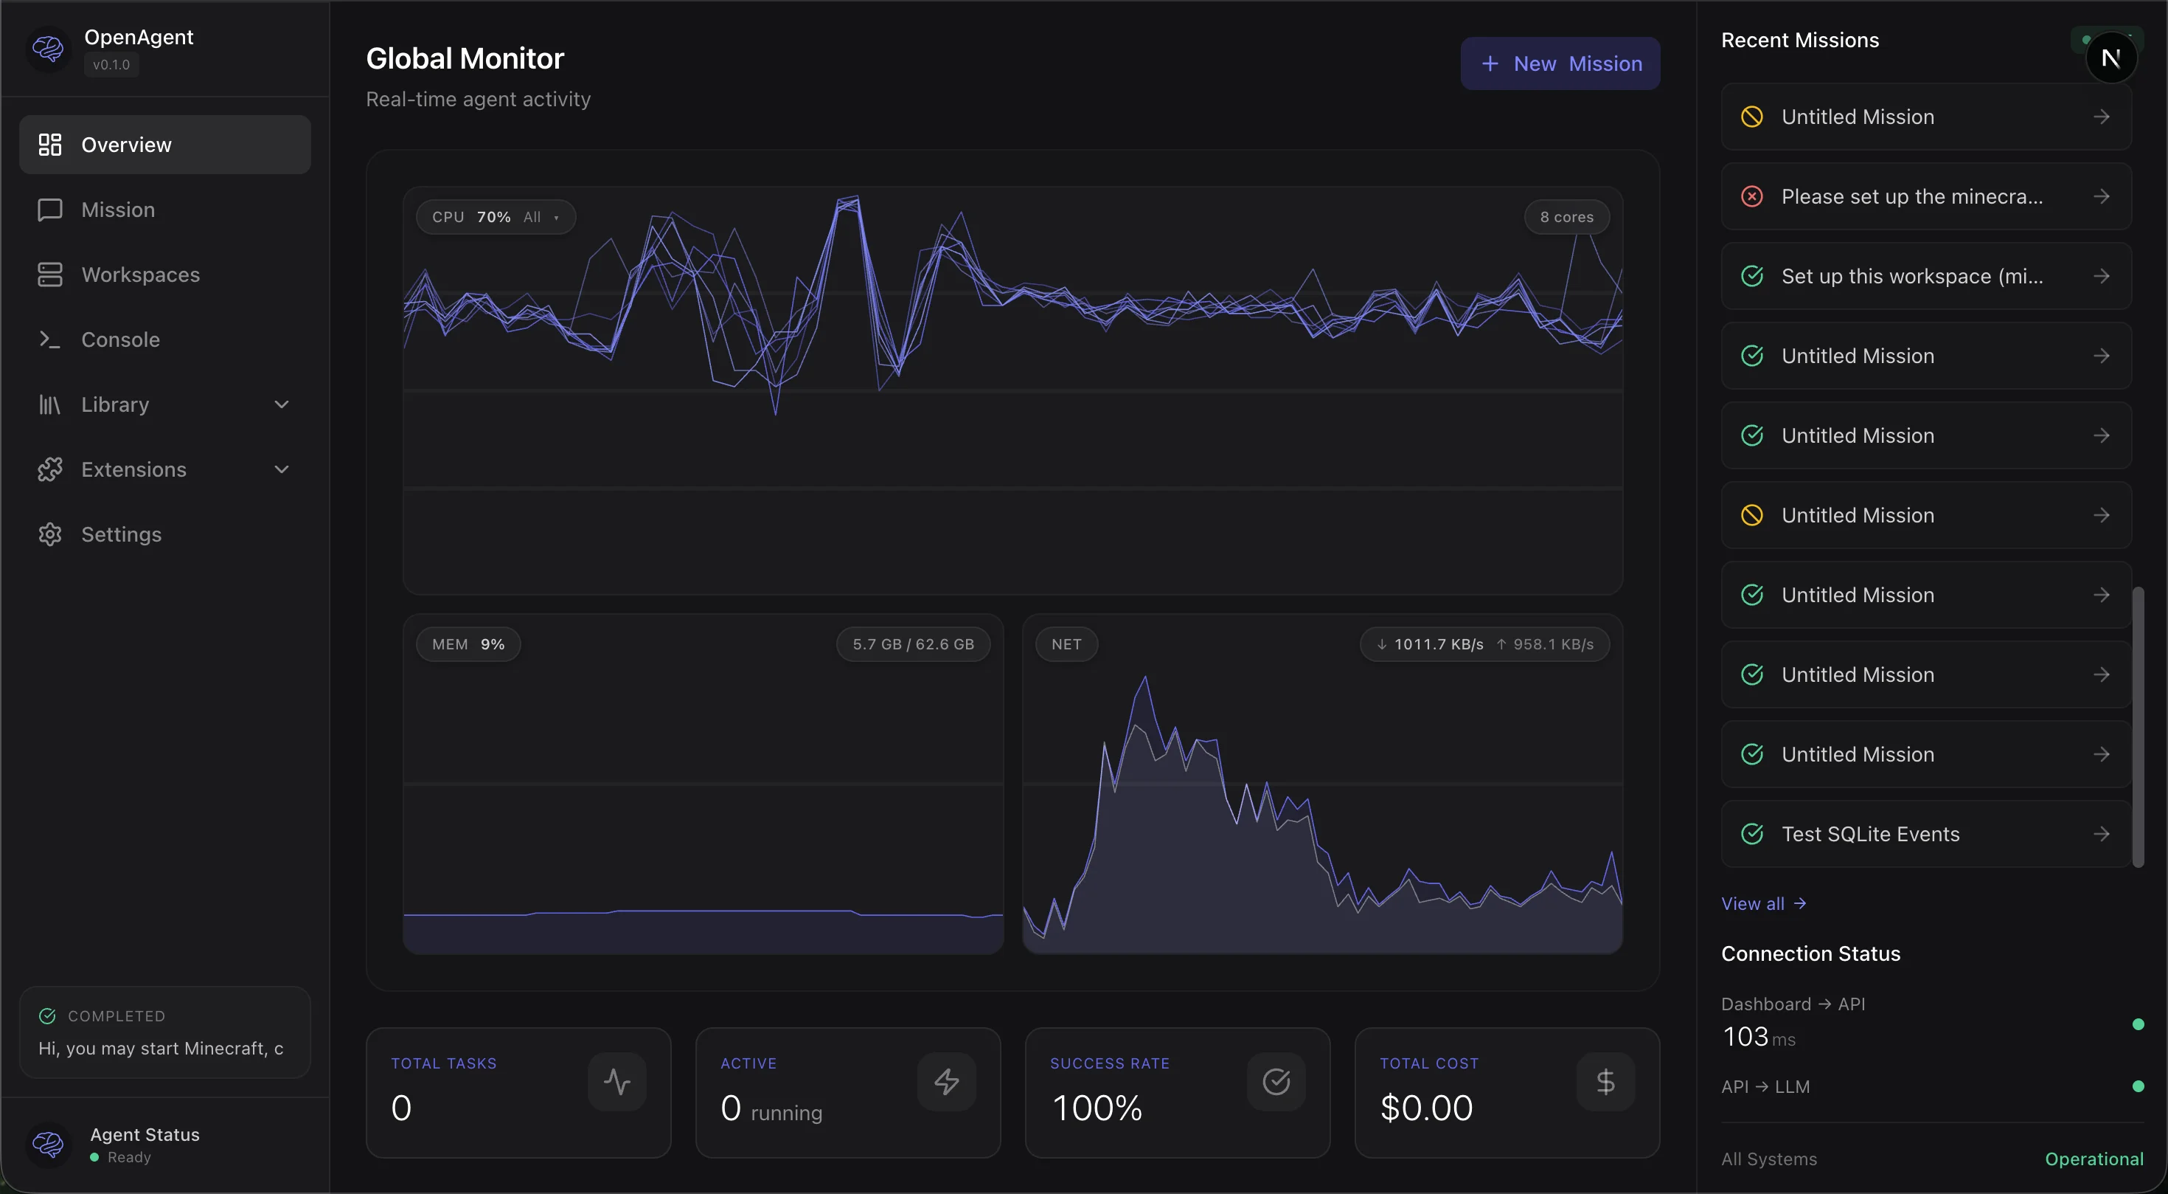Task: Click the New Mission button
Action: pos(1560,63)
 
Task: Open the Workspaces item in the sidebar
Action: pos(139,275)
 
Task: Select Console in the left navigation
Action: pos(119,339)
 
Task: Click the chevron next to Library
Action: pos(281,404)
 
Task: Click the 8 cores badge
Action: pos(1566,217)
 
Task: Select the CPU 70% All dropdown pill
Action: pos(495,217)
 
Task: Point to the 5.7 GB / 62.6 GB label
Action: pos(912,644)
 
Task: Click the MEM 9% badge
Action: pos(468,644)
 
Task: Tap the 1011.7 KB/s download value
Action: pos(1437,644)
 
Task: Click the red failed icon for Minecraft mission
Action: pos(1751,196)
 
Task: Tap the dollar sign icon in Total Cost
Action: pos(1604,1081)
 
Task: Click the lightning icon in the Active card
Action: pos(946,1081)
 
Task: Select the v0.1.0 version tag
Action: pos(111,65)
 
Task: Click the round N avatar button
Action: pos(2110,58)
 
